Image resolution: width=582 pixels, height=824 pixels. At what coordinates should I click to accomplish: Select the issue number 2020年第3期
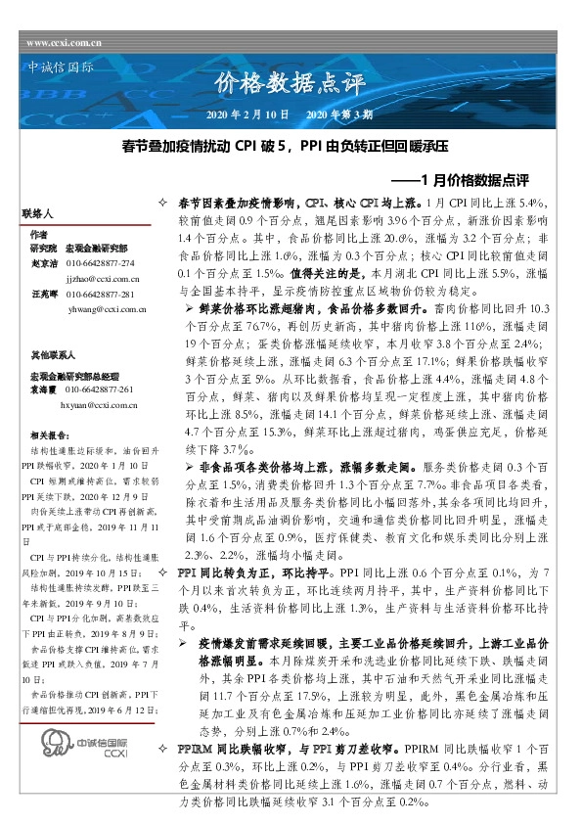point(339,114)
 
